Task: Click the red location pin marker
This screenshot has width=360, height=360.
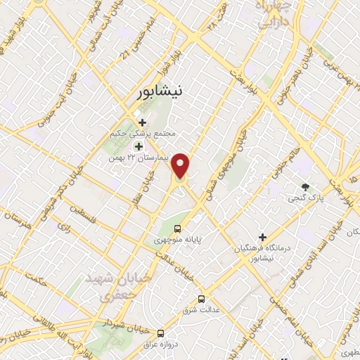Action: (x=181, y=165)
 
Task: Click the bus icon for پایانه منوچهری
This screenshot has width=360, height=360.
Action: (x=177, y=229)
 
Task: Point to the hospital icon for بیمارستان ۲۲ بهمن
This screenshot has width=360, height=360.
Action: (x=139, y=146)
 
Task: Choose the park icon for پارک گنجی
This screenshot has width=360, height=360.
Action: (x=304, y=187)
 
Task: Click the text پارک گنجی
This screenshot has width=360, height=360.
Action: (x=304, y=199)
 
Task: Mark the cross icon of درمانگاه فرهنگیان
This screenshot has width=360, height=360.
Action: (x=262, y=237)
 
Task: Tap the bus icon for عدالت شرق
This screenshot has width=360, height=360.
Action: (x=202, y=299)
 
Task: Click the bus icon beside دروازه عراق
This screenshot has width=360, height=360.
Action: (x=161, y=333)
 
